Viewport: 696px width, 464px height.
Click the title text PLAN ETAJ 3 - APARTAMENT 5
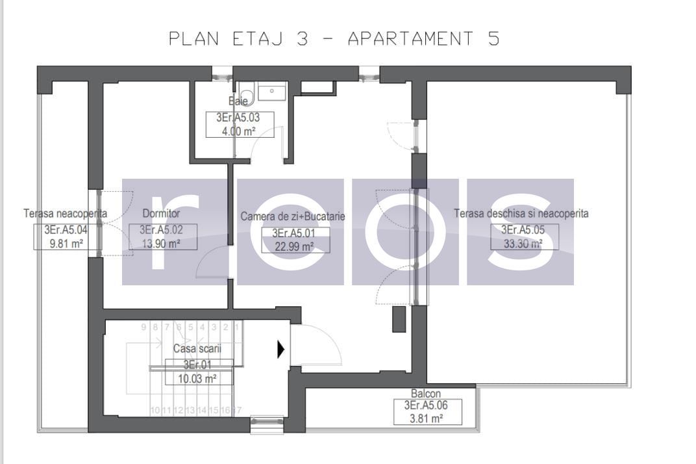coord(334,39)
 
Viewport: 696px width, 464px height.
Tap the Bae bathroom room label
coord(239,101)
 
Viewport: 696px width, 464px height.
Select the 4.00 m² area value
coord(240,131)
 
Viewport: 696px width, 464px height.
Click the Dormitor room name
coord(161,213)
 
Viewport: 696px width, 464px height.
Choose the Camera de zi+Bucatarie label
coord(293,216)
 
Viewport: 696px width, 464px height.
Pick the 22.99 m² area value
coord(295,246)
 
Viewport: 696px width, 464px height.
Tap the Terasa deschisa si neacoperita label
coord(521,213)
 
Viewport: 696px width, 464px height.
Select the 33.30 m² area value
coord(522,244)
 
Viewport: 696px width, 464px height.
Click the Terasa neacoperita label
coord(66,213)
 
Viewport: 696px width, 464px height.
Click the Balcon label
coord(426,394)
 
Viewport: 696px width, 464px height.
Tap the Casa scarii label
coord(197,349)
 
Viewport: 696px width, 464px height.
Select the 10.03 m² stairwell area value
coord(198,379)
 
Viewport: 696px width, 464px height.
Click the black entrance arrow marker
coord(280,350)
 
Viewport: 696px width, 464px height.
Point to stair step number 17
coord(237,410)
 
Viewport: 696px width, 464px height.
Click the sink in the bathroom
coord(272,92)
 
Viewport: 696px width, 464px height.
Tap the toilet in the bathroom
coord(245,90)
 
